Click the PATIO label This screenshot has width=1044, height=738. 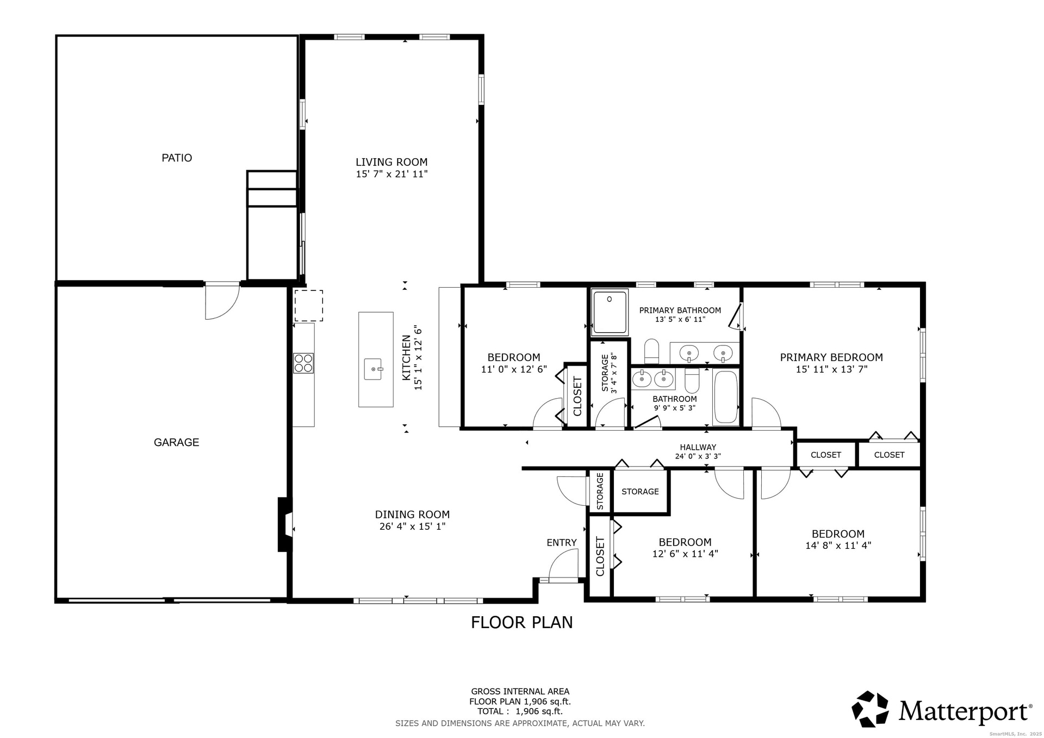coord(177,158)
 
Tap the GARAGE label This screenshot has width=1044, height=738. coord(176,442)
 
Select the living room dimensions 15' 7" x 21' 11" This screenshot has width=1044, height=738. coord(391,174)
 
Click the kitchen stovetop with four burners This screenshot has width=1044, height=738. coord(303,363)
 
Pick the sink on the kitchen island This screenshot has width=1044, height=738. coord(373,369)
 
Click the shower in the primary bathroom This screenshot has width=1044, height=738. coord(610,312)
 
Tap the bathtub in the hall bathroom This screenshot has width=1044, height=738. coord(725,396)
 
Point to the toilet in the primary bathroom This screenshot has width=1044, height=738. coord(651,351)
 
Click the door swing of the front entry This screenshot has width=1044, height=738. coord(563,566)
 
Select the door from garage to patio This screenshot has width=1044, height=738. coord(222,300)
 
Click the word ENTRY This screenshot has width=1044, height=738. coord(562,543)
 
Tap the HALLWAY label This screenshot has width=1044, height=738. coord(698,447)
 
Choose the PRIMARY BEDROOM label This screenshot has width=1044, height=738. coord(831,357)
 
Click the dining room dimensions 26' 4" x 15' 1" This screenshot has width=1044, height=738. coord(412,526)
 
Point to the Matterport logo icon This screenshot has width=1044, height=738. coord(870,709)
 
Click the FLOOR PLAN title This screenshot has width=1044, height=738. coord(522,622)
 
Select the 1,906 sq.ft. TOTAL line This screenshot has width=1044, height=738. coord(520,711)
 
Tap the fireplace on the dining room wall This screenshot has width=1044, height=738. coord(285,524)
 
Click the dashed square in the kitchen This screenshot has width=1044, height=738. coord(309,306)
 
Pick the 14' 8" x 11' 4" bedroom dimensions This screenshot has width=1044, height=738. coord(838,545)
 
